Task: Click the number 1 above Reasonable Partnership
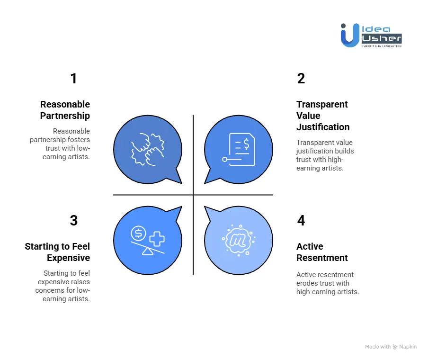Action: pyautogui.click(x=73, y=79)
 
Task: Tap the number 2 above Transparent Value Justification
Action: pyautogui.click(x=301, y=79)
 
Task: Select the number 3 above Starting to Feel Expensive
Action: pyautogui.click(x=73, y=221)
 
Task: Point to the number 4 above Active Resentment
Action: pyautogui.click(x=301, y=221)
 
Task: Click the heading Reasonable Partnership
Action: pyautogui.click(x=65, y=110)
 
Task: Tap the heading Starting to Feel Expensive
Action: pyautogui.click(x=57, y=252)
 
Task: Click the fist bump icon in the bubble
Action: pyautogui.click(x=147, y=149)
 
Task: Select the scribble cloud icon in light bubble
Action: pyautogui.click(x=239, y=241)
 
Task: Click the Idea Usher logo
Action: pyautogui.click(x=371, y=35)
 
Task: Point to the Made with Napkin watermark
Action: pyautogui.click(x=391, y=347)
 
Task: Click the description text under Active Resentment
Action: pyautogui.click(x=327, y=283)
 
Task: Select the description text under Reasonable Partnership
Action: pyautogui.click(x=60, y=144)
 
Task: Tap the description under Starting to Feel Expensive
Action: pyautogui.click(x=63, y=286)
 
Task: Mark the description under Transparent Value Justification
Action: pyautogui.click(x=325, y=155)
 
